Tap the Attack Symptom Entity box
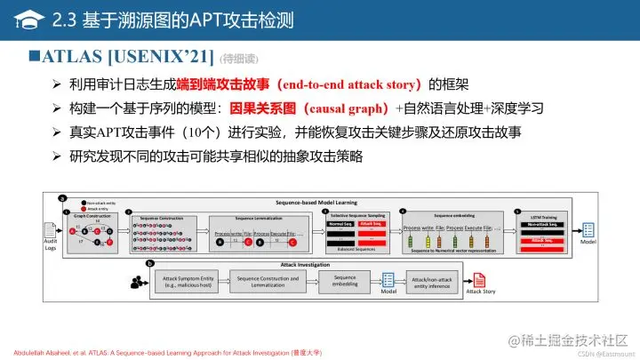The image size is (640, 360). pos(186,282)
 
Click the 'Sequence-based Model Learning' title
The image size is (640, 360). pos(316,203)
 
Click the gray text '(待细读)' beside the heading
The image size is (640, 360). pos(237,60)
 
